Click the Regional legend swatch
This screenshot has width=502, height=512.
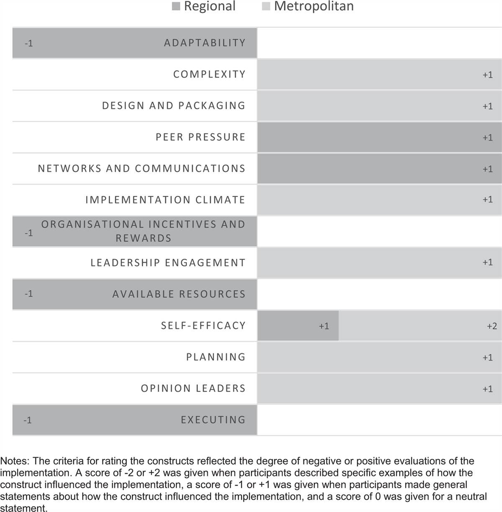tap(176, 6)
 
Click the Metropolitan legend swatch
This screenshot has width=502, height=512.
tap(266, 6)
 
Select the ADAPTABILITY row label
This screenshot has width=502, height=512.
tap(205, 43)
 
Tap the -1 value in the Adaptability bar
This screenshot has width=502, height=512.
tap(29, 43)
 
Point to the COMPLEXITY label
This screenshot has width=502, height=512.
tap(209, 74)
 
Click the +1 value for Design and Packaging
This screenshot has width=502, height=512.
tap(487, 106)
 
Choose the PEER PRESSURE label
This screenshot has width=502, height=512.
tap(200, 137)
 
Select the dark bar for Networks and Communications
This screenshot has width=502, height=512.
tap(379, 168)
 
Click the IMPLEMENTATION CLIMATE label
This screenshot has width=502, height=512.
tap(165, 200)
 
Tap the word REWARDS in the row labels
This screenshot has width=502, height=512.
tap(143, 238)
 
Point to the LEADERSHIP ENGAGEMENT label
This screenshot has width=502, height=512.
tap(168, 263)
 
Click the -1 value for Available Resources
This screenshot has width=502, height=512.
tap(29, 293)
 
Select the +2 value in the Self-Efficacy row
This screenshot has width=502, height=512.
tap(492, 326)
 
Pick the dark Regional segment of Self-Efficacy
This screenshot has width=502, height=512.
tap(298, 326)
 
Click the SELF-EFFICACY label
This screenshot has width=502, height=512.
tap(203, 325)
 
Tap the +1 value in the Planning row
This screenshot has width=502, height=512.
tap(487, 358)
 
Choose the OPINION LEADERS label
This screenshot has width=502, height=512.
tap(193, 389)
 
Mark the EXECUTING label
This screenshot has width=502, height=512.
tap(213, 420)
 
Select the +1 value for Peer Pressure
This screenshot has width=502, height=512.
tap(487, 137)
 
